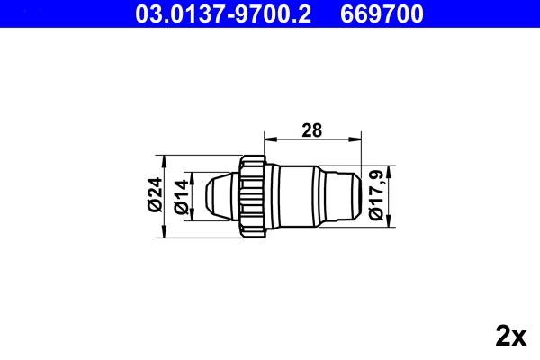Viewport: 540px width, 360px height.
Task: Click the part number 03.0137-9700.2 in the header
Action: point(225,13)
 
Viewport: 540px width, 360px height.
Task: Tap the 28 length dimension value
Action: point(311,130)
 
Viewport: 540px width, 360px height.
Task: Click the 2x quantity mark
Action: point(510,337)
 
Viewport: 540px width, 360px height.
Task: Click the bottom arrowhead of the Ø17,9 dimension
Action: point(391,222)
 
